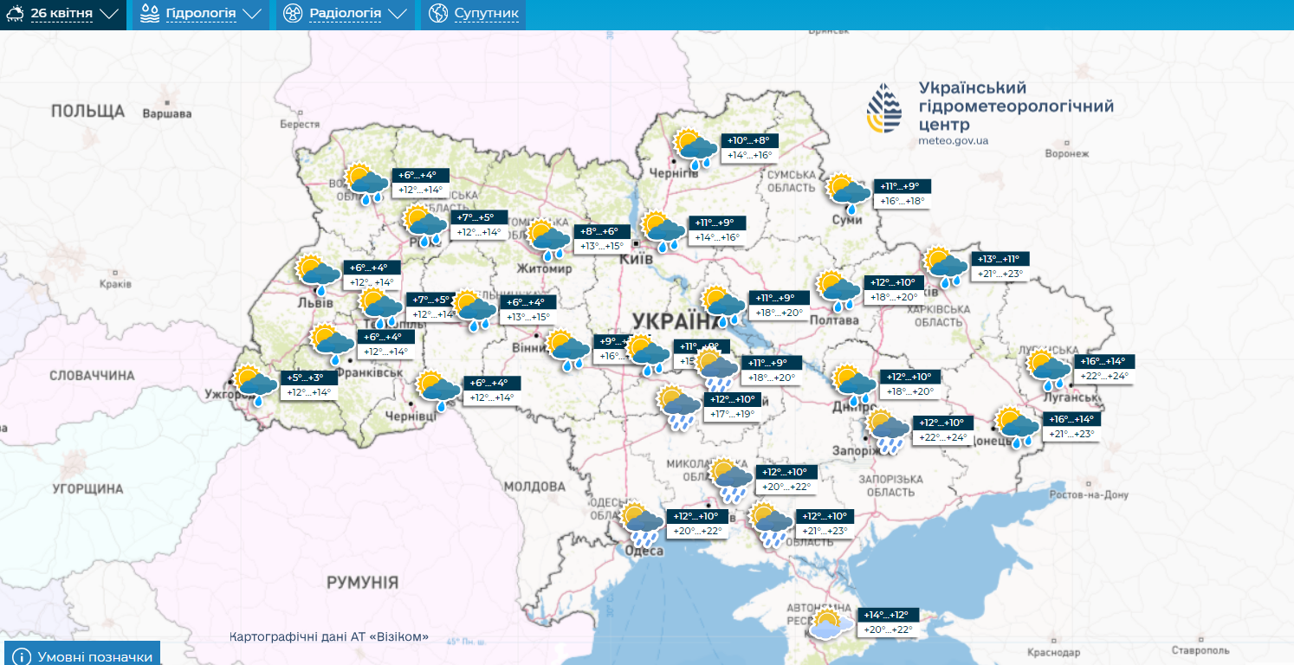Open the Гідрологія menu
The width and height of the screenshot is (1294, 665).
coord(201,15)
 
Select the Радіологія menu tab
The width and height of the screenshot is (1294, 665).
coord(345,15)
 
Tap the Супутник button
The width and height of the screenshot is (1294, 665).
coord(473,15)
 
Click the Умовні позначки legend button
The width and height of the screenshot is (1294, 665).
coord(83,655)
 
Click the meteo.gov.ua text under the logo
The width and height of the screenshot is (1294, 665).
coord(954,140)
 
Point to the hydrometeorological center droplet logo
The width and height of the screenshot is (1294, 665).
coord(884,110)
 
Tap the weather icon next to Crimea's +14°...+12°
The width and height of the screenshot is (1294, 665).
coord(828,624)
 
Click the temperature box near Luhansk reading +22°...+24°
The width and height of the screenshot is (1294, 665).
coord(1104,376)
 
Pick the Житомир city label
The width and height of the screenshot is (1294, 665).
coord(544,268)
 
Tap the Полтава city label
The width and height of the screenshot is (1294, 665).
coord(834,320)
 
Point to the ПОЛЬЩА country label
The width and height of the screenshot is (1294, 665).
coord(87,111)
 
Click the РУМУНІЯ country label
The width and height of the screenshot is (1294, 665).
coord(362,582)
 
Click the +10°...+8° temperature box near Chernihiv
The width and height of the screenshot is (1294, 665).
coord(748,141)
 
